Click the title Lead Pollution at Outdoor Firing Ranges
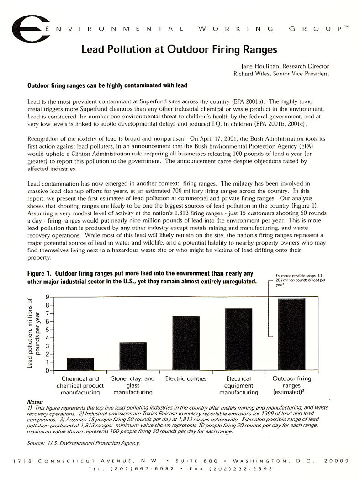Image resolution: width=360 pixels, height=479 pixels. [x=179, y=49]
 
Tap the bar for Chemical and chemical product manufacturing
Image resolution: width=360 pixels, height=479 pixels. [x=80, y=364]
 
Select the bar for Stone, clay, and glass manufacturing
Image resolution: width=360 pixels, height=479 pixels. [x=133, y=356]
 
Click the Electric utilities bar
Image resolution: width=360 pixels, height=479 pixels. [x=186, y=343]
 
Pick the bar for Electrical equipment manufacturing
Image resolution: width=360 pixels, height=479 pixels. [x=239, y=339]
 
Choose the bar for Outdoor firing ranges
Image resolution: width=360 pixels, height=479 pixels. [x=291, y=334]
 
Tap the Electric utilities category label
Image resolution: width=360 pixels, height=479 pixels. [x=186, y=379]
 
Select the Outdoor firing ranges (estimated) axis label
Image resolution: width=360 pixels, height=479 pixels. [x=291, y=385]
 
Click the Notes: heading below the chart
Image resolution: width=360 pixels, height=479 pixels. [x=35, y=402]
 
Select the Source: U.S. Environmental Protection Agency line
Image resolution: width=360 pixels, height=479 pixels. [x=83, y=443]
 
